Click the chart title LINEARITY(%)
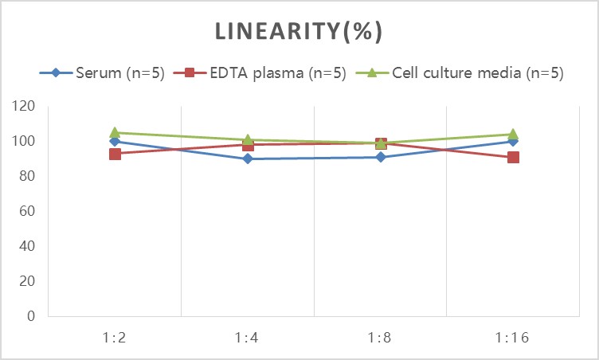point(299,31)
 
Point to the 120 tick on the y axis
point(24,106)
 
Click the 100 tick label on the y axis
point(24,141)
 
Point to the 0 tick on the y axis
point(31,316)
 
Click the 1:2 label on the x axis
point(115,337)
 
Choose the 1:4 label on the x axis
point(248,337)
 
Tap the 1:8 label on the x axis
point(381,337)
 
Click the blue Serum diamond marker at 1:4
point(248,158)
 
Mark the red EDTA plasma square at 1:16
point(514,157)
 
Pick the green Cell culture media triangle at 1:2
point(115,132)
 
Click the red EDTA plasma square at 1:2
point(115,154)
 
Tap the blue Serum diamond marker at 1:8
point(381,157)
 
